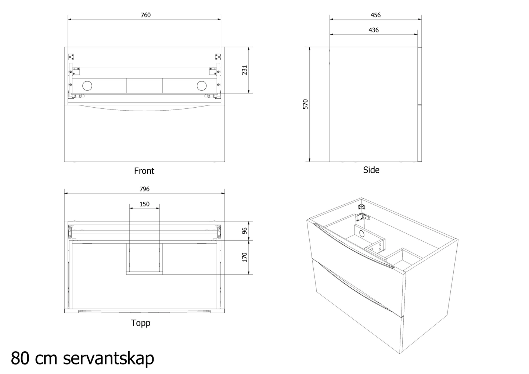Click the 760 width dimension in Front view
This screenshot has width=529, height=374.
[145, 15]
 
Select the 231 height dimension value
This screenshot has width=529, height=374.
[245, 70]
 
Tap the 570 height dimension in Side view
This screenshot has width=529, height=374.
[305, 104]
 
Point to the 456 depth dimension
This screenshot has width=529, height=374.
[375, 15]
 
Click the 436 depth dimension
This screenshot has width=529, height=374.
[374, 30]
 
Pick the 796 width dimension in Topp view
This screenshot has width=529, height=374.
[144, 189]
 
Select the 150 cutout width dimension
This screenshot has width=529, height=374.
[144, 204]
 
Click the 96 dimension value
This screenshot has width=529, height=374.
[245, 231]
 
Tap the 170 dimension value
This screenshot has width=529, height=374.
[245, 257]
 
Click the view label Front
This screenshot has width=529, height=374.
[144, 171]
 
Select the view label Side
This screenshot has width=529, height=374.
[371, 170]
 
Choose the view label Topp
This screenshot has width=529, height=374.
[141, 323]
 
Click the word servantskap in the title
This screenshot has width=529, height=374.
[108, 358]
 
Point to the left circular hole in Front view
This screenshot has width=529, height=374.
[87, 86]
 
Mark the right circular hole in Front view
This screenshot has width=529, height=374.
[202, 86]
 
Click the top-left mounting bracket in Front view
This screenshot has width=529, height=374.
[72, 57]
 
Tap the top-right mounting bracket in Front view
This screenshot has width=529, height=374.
[218, 57]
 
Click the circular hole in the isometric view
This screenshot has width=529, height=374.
[362, 234]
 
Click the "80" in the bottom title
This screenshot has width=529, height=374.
[21, 358]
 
